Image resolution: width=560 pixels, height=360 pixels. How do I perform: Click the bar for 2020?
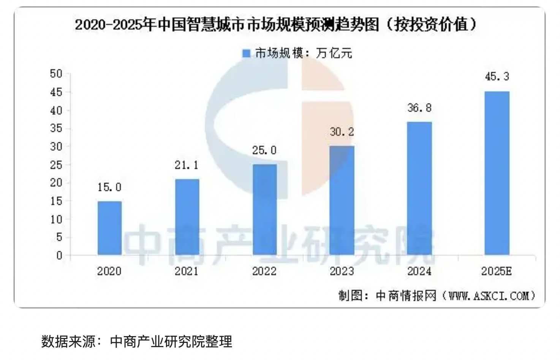click(x=109, y=228)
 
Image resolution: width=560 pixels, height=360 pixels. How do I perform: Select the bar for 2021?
click(x=187, y=217)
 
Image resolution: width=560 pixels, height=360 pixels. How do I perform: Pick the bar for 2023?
click(x=342, y=200)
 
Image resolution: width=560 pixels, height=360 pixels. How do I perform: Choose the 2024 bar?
click(x=419, y=188)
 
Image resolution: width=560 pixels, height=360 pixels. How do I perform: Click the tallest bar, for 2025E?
click(x=497, y=173)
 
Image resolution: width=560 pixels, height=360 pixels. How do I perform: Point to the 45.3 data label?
click(x=497, y=77)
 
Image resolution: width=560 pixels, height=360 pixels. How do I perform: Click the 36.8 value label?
click(x=419, y=108)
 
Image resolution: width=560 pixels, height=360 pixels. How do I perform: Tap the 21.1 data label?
click(x=187, y=165)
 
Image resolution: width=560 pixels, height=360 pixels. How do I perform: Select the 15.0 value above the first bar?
click(x=109, y=187)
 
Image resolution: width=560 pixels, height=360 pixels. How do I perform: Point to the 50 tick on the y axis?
click(x=56, y=74)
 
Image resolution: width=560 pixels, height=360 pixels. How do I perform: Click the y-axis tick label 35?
click(x=56, y=128)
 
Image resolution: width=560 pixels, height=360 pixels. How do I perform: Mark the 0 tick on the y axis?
click(x=59, y=256)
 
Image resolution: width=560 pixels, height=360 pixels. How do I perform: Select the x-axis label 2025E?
click(x=497, y=271)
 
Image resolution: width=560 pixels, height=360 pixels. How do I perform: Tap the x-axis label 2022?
click(x=264, y=271)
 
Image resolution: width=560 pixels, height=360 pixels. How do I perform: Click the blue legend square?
click(x=247, y=53)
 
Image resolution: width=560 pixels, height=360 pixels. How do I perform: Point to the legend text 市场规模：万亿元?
click(x=304, y=53)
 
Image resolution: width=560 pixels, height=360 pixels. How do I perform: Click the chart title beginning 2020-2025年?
click(x=275, y=25)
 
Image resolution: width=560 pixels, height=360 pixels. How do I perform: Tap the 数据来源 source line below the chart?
click(x=137, y=341)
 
